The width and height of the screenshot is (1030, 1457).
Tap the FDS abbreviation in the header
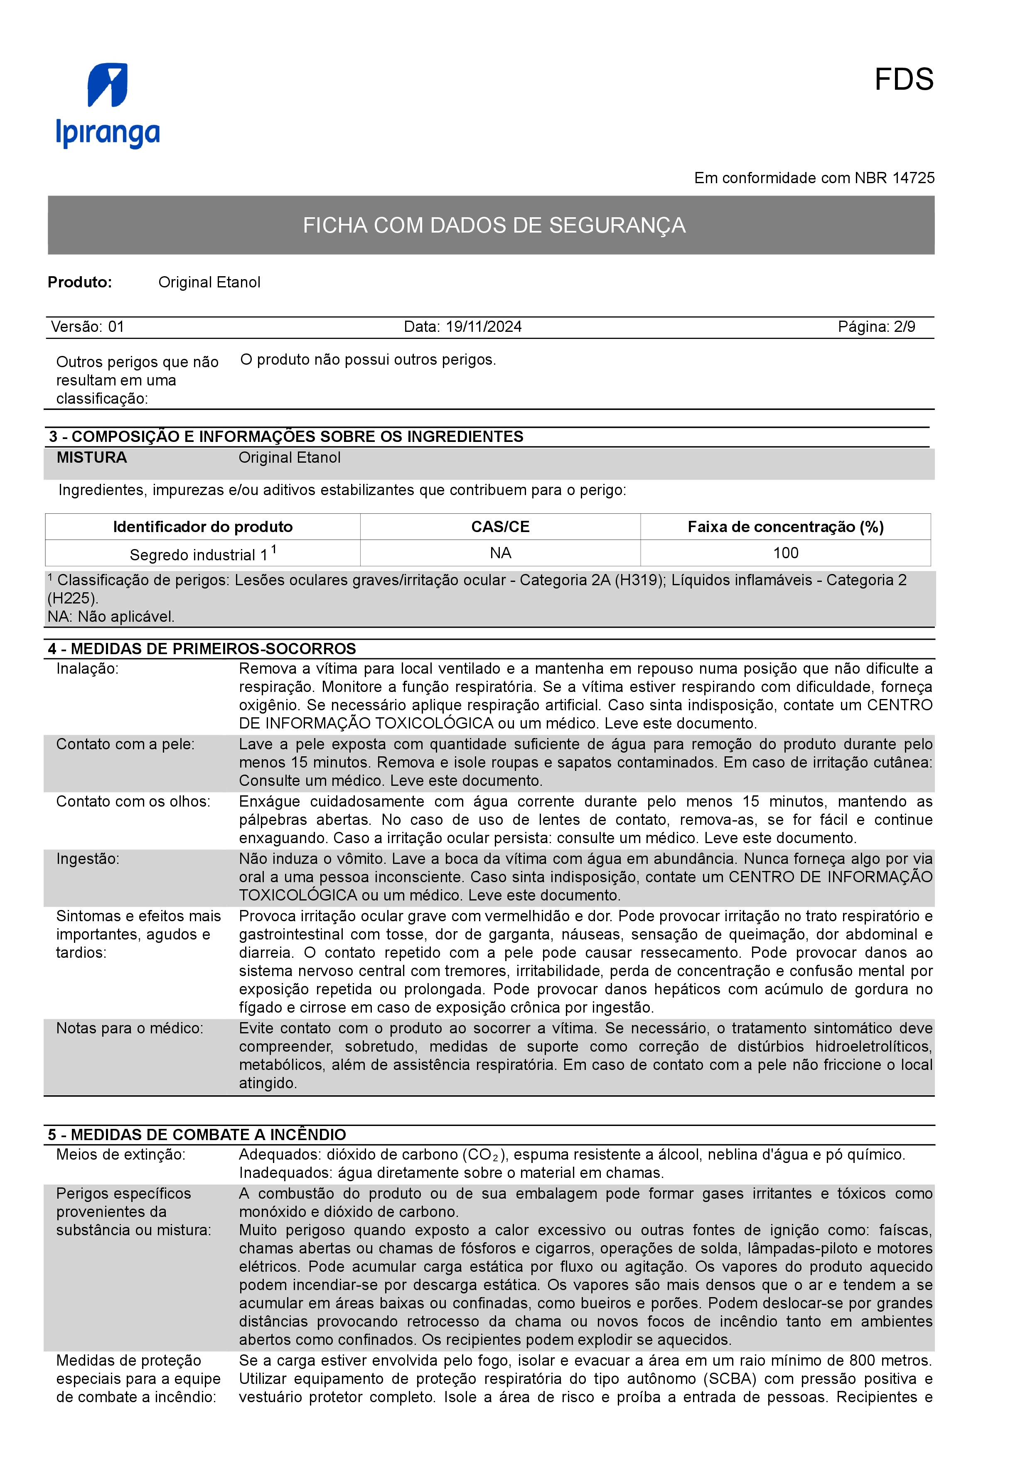(903, 80)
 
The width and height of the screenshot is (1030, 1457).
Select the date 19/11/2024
(484, 327)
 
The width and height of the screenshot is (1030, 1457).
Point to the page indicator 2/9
(905, 327)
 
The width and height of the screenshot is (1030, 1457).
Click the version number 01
(116, 327)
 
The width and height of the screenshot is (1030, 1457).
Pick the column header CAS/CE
(500, 527)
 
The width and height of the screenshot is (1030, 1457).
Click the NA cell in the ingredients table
(500, 553)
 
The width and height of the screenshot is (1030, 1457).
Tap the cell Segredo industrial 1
(202, 554)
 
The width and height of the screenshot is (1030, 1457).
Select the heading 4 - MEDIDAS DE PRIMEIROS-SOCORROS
(202, 648)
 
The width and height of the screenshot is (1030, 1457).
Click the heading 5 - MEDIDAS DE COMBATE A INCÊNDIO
(197, 1135)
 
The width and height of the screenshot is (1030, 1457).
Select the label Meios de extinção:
(120, 1155)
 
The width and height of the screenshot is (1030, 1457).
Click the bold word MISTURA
(91, 458)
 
